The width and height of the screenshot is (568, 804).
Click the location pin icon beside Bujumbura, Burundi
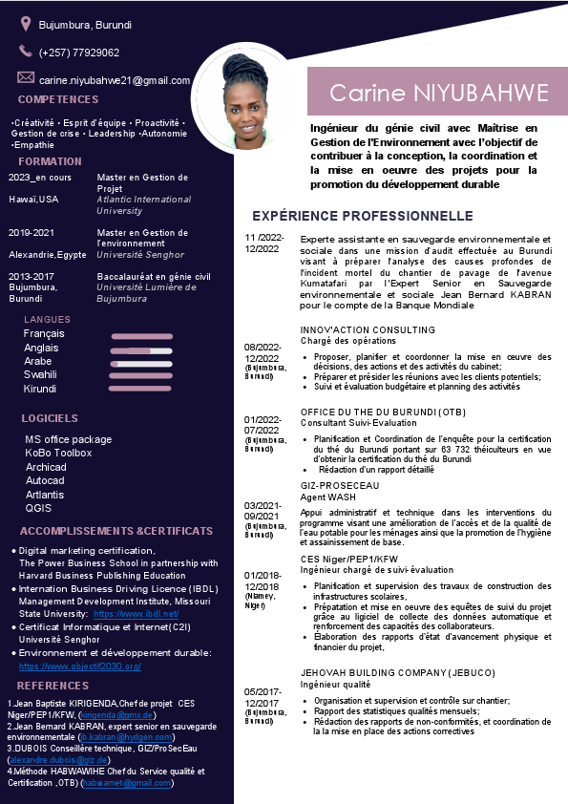25,23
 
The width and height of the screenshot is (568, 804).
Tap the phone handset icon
25,52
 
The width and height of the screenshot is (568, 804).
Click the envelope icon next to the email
25,77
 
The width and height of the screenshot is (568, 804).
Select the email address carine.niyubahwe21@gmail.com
115,81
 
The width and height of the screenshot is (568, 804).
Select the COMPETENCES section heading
58,99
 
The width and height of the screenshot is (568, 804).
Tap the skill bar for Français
141,336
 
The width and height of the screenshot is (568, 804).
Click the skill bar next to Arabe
141,363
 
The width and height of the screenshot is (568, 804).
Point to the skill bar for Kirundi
139,389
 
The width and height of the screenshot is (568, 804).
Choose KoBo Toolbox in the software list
58,453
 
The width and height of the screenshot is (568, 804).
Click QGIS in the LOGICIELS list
38,508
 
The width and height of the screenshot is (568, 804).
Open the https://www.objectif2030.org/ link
80,666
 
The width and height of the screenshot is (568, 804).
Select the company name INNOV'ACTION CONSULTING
354,330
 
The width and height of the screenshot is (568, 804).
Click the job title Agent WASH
328,497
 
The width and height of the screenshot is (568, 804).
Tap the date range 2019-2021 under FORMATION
32,233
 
